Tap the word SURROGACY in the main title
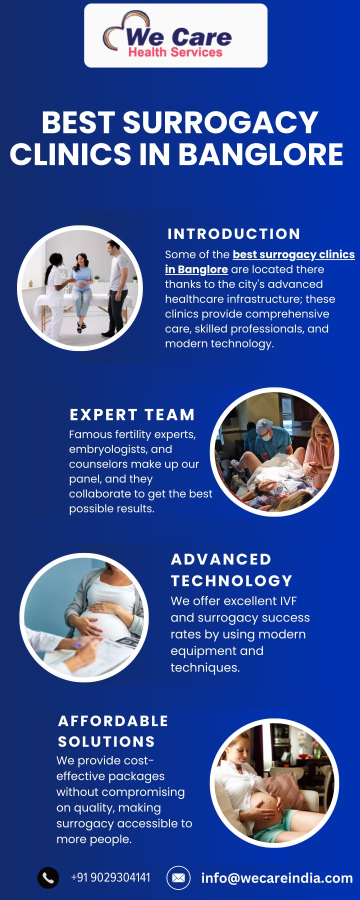point(220,122)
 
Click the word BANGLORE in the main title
point(260,154)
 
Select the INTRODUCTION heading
point(234,234)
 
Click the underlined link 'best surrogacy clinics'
point(293,254)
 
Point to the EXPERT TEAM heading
point(132,415)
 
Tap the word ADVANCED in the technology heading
point(221,559)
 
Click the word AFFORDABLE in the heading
point(113,721)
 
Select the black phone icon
point(48,877)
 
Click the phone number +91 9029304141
point(110,877)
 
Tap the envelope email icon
point(178,877)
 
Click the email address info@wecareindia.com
point(277,878)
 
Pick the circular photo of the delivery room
point(274,452)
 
